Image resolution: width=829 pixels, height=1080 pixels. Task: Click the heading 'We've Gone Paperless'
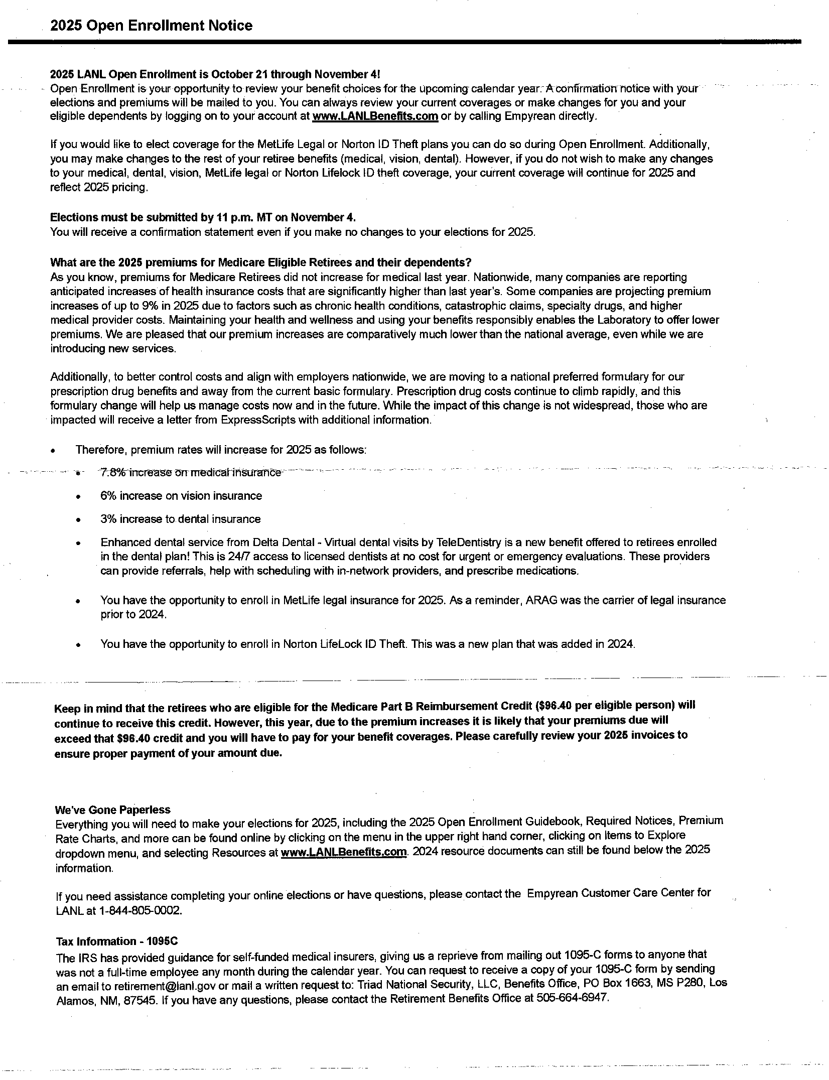112,809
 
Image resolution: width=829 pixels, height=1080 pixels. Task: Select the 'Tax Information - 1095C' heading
117,941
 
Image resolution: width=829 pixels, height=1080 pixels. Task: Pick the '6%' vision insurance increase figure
108,496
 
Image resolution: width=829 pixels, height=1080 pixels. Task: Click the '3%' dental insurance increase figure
108,519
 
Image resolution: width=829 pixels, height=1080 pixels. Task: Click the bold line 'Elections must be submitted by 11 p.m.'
203,217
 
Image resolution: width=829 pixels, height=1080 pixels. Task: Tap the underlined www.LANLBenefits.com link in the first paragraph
375,116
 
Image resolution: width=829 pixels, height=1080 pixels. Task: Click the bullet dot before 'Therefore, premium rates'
54,451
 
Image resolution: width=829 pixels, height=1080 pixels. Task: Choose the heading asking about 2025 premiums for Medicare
260,262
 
